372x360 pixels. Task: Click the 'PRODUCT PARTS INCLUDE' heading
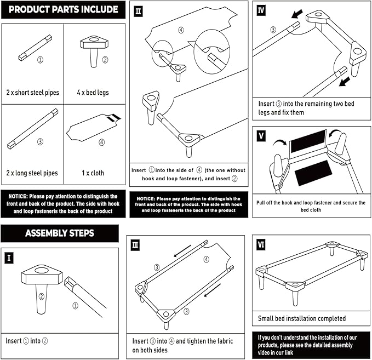tap(64, 9)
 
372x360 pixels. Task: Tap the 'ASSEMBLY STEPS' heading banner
tap(59, 233)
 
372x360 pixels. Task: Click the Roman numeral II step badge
tap(138, 10)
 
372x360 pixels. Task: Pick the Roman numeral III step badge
tap(135, 245)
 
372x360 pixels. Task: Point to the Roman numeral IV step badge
tap(261, 9)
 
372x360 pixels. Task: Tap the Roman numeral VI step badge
tap(261, 244)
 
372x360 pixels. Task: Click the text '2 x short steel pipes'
tap(32, 92)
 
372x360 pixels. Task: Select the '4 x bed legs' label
tap(94, 92)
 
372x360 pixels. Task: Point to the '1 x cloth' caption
tap(93, 173)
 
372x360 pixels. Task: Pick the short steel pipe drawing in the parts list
tap(35, 47)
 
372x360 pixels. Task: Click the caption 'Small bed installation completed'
tap(302, 318)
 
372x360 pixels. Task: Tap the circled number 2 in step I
tap(41, 297)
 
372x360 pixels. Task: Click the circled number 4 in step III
tap(206, 259)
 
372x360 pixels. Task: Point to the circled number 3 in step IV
tap(273, 30)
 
